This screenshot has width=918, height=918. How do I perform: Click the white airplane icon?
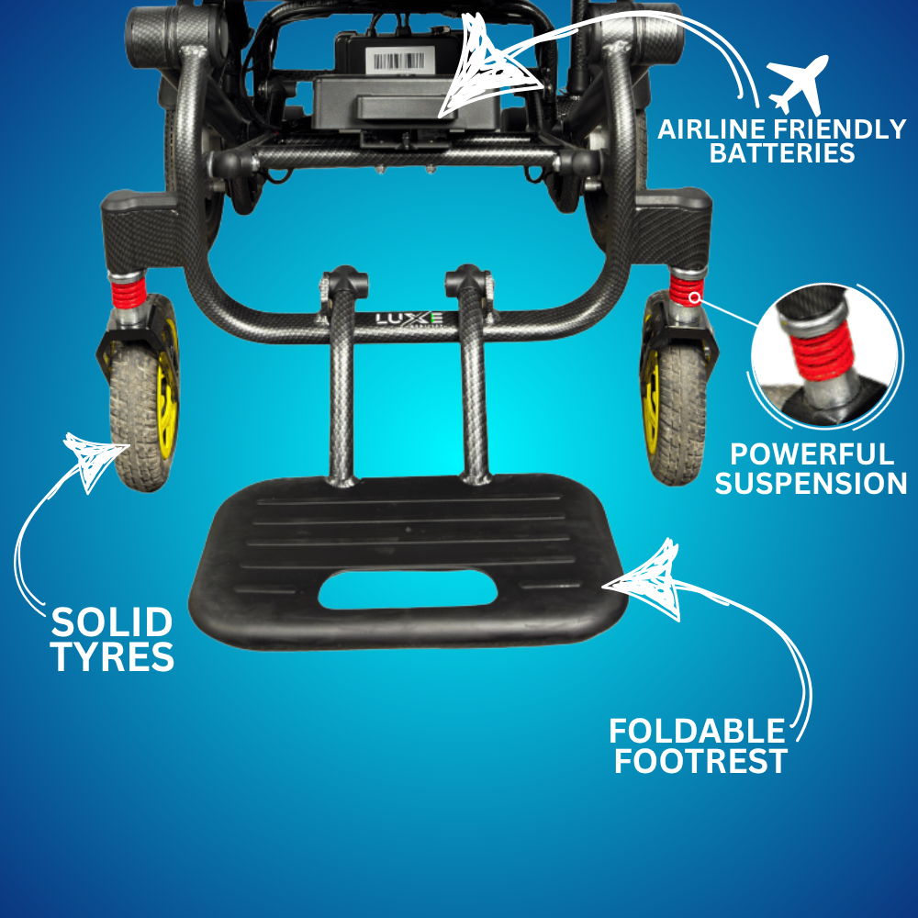click(x=798, y=84)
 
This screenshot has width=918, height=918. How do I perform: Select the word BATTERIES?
click(x=782, y=153)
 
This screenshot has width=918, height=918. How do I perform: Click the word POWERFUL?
click(x=812, y=455)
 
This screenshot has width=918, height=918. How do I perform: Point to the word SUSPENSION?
click(x=811, y=484)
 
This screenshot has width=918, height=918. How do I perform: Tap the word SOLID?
click(x=112, y=622)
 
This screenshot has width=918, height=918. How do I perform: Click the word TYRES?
click(x=112, y=656)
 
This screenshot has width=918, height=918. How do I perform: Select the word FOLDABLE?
click(x=697, y=732)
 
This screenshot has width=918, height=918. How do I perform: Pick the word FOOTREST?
click(x=700, y=761)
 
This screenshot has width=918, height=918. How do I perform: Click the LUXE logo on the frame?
click(x=409, y=319)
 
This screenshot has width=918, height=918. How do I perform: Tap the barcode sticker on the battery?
click(x=399, y=61)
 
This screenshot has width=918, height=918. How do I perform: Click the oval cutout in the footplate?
click(x=408, y=588)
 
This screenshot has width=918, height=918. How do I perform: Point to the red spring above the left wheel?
click(x=129, y=292)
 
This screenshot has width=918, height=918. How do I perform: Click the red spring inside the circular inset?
click(x=820, y=353)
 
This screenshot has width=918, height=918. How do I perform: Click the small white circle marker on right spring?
click(x=694, y=298)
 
